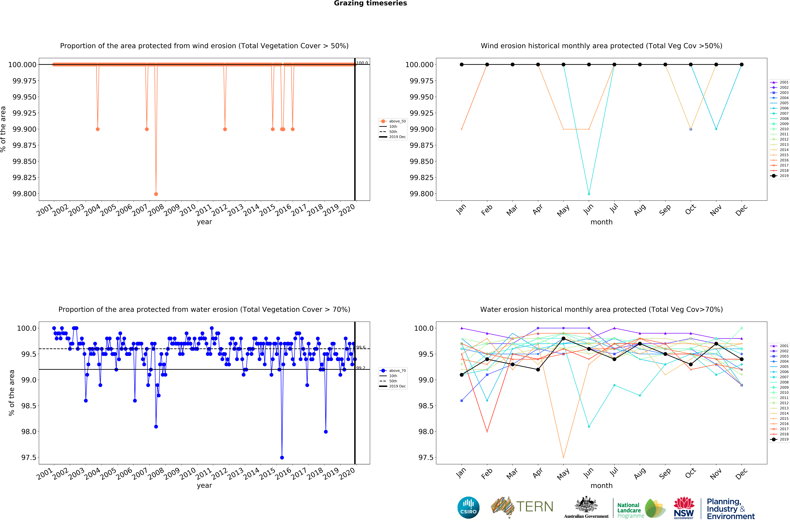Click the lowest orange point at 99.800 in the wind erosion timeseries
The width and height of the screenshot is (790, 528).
(156, 194)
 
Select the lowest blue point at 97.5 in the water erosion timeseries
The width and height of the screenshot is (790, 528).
(282, 458)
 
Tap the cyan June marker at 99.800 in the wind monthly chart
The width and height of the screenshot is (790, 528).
(589, 194)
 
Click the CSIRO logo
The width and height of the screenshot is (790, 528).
(468, 507)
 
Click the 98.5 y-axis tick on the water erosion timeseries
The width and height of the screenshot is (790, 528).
(29, 406)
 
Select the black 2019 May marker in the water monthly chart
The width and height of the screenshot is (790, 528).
(563, 338)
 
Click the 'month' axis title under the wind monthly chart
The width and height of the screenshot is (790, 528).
(601, 222)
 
